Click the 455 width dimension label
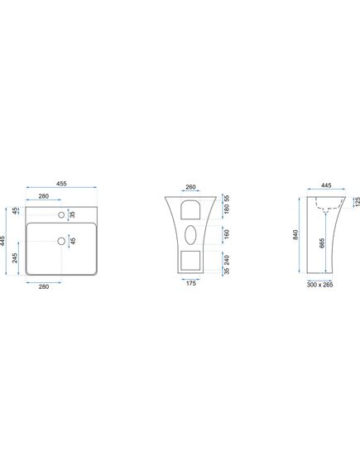(x=61, y=184)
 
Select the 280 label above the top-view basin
(x=44, y=196)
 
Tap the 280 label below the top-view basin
(x=44, y=286)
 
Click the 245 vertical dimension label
(x=15, y=258)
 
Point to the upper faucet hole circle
(x=61, y=214)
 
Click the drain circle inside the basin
(x=61, y=241)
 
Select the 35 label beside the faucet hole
(x=72, y=214)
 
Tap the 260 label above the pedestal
(x=190, y=187)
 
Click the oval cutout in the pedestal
(x=190, y=235)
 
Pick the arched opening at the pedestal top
(x=190, y=209)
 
